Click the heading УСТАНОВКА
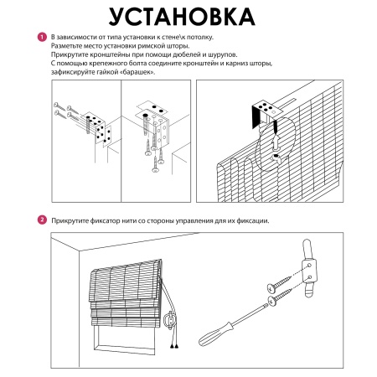[x=182, y=17]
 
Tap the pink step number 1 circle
[x=42, y=37]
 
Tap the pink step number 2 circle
[x=42, y=219]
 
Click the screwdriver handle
[x=214, y=334]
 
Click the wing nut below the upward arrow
[x=276, y=158]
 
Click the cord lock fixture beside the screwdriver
[x=308, y=268]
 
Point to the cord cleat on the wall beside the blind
[x=169, y=320]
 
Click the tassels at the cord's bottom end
[x=174, y=346]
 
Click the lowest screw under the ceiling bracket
[x=155, y=165]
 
